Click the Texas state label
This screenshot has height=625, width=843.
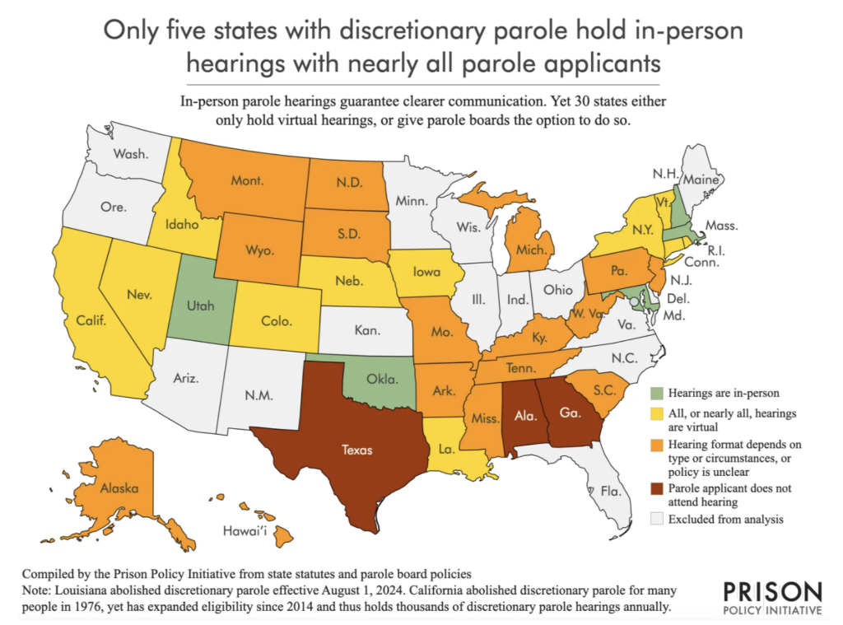tap(358, 450)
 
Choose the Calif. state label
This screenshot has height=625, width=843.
tap(91, 321)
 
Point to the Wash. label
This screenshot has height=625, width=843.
tap(132, 153)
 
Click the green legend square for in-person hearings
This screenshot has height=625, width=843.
tap(656, 394)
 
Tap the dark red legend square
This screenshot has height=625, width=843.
tap(656, 489)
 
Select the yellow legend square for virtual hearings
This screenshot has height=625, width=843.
tap(656, 413)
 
